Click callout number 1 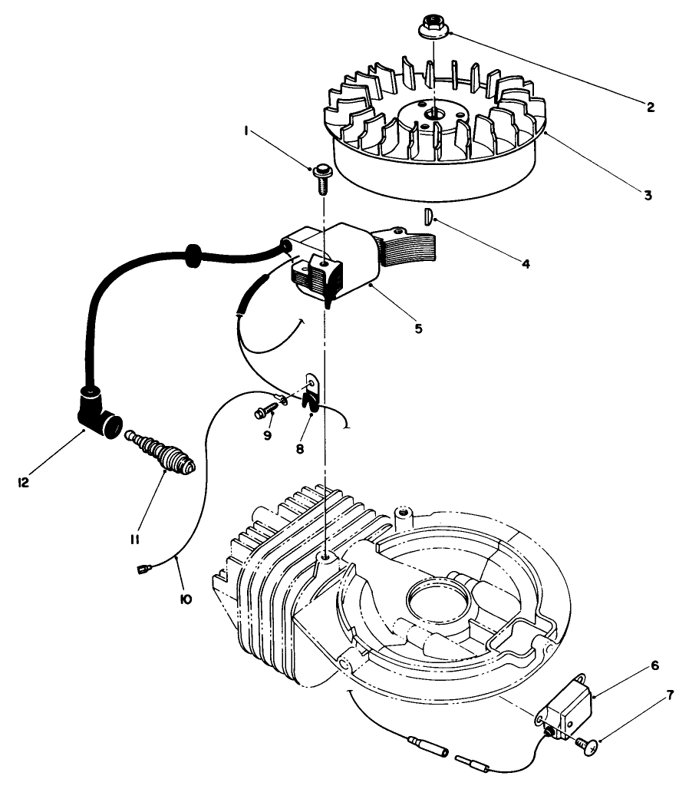[x=246, y=132]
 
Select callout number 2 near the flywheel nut [x=650, y=107]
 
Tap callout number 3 [x=648, y=195]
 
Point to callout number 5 [x=418, y=328]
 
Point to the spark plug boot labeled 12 [x=98, y=414]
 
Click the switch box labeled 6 [x=569, y=707]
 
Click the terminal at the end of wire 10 [x=143, y=569]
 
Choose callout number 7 [x=670, y=696]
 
